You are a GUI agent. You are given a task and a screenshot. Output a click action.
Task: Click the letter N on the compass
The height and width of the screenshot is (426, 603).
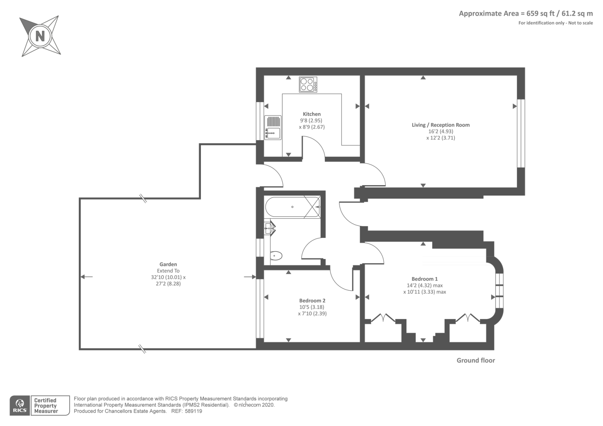tap(40, 36)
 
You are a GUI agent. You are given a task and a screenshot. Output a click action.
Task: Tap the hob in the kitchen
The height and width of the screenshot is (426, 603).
tap(308, 84)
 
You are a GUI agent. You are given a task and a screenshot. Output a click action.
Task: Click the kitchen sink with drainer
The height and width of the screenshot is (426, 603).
tap(273, 127)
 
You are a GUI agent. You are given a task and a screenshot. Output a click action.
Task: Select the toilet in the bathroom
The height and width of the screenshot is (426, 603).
tap(276, 256)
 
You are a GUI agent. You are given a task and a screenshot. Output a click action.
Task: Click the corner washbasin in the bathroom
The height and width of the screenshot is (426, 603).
tap(269, 228)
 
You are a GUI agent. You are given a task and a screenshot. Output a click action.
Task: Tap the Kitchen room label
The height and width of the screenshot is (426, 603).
tap(312, 114)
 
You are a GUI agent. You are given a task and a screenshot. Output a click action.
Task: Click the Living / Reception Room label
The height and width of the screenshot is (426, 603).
tap(441, 125)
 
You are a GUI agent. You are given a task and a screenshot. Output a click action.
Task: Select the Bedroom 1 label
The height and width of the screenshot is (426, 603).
tap(424, 279)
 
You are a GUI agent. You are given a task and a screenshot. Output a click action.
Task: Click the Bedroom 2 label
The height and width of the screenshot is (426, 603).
tap(312, 300)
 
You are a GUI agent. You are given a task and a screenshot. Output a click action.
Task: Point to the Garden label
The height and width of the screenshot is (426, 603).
tap(168, 264)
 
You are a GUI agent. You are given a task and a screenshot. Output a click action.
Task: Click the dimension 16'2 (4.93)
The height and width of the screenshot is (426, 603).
tap(441, 131)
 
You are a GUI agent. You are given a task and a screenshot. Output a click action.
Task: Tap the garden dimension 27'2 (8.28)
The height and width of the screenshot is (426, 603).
tap(168, 283)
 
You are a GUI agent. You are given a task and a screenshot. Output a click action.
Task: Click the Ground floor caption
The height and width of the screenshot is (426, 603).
tap(476, 360)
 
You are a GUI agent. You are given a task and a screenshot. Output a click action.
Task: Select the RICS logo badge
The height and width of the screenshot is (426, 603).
tap(20, 406)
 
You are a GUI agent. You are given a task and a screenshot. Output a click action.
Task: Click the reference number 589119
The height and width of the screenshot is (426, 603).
tap(193, 411)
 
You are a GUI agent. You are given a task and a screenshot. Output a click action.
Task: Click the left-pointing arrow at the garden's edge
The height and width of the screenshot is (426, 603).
tap(86, 277)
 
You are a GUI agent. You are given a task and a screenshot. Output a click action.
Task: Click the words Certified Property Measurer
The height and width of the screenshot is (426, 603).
tap(46, 406)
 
